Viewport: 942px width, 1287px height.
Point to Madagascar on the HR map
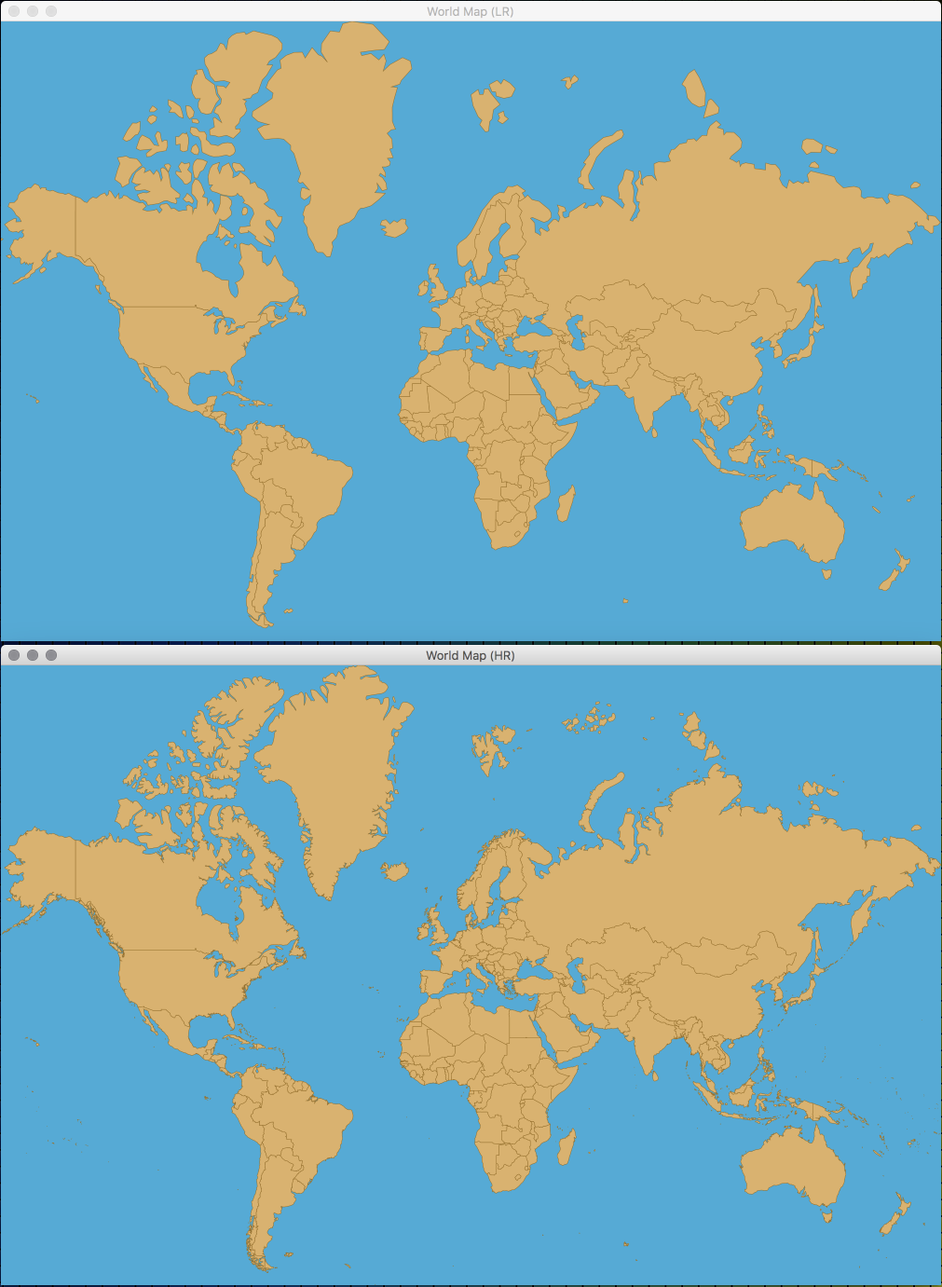pyautogui.click(x=565, y=1147)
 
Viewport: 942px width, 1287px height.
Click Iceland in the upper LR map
pyautogui.click(x=395, y=226)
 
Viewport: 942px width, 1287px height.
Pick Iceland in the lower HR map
pyautogui.click(x=396, y=871)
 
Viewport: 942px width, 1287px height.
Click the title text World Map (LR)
pyautogui.click(x=470, y=11)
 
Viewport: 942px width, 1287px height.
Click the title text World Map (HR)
pyautogui.click(x=470, y=655)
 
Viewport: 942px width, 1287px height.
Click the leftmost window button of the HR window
pyautogui.click(x=14, y=655)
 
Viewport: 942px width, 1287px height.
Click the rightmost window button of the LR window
pyautogui.click(x=51, y=11)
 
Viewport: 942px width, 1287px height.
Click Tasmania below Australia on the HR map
pyautogui.click(x=826, y=1215)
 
